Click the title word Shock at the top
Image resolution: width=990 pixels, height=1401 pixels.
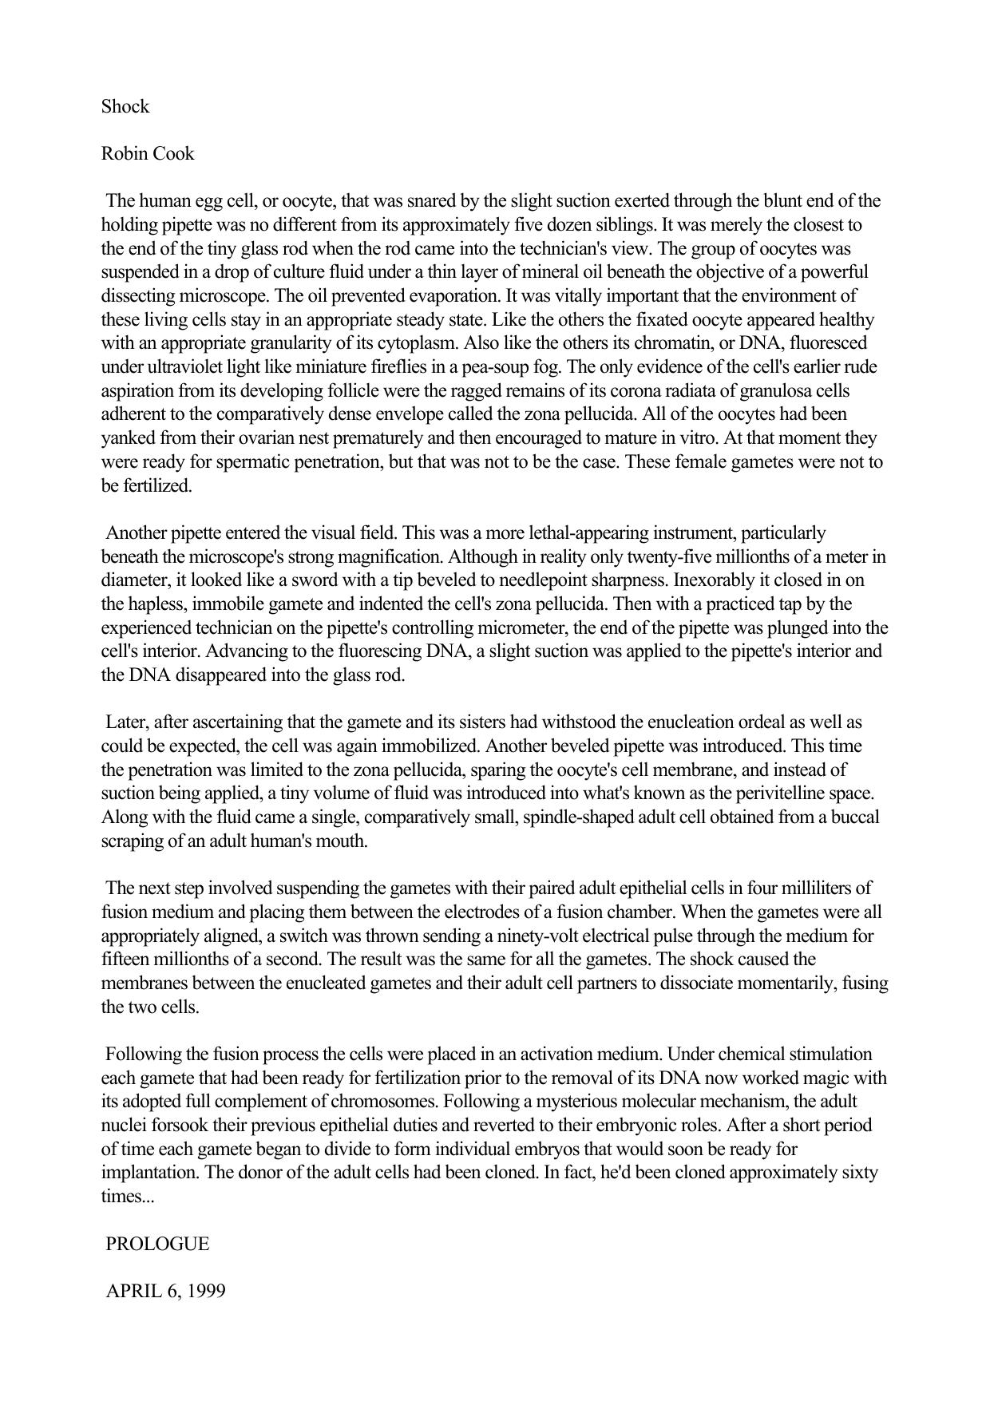coord(125,107)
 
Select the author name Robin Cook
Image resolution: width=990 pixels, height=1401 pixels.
coord(148,154)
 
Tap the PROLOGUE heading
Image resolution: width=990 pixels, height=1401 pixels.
coord(157,1244)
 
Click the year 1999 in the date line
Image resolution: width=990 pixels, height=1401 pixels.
coord(207,1291)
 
